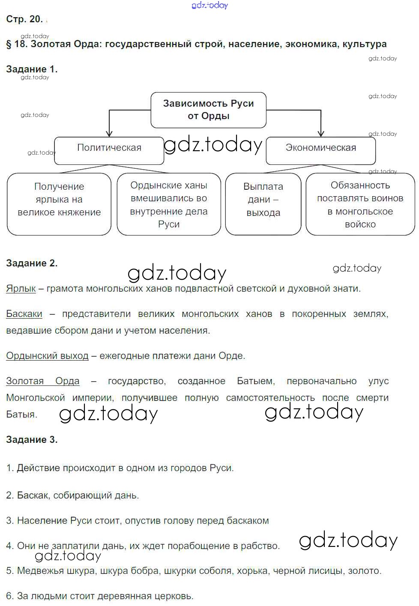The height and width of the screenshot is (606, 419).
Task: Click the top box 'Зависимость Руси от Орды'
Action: click(208, 110)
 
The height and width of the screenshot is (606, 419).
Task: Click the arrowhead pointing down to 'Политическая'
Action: click(109, 133)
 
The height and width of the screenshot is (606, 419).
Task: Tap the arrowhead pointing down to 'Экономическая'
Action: click(321, 133)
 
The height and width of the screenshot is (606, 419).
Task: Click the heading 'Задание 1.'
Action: click(32, 69)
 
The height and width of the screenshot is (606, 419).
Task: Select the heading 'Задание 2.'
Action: click(32, 263)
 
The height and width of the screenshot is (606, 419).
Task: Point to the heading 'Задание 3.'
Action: click(32, 440)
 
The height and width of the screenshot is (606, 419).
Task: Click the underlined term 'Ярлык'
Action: click(21, 289)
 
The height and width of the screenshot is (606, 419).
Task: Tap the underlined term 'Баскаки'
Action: click(24, 314)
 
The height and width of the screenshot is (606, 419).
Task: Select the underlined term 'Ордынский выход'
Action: click(47, 356)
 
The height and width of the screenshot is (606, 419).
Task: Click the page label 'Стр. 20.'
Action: click(24, 19)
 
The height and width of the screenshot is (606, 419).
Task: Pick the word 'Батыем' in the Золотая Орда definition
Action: click(256, 381)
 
